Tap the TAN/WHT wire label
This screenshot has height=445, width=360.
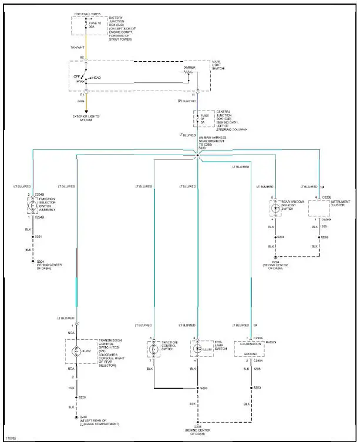[78, 48]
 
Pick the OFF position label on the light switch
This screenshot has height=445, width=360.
[75, 76]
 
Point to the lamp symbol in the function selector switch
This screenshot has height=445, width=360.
[32, 207]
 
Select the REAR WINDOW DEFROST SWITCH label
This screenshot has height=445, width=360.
[292, 205]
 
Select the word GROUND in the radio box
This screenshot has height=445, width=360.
[249, 353]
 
